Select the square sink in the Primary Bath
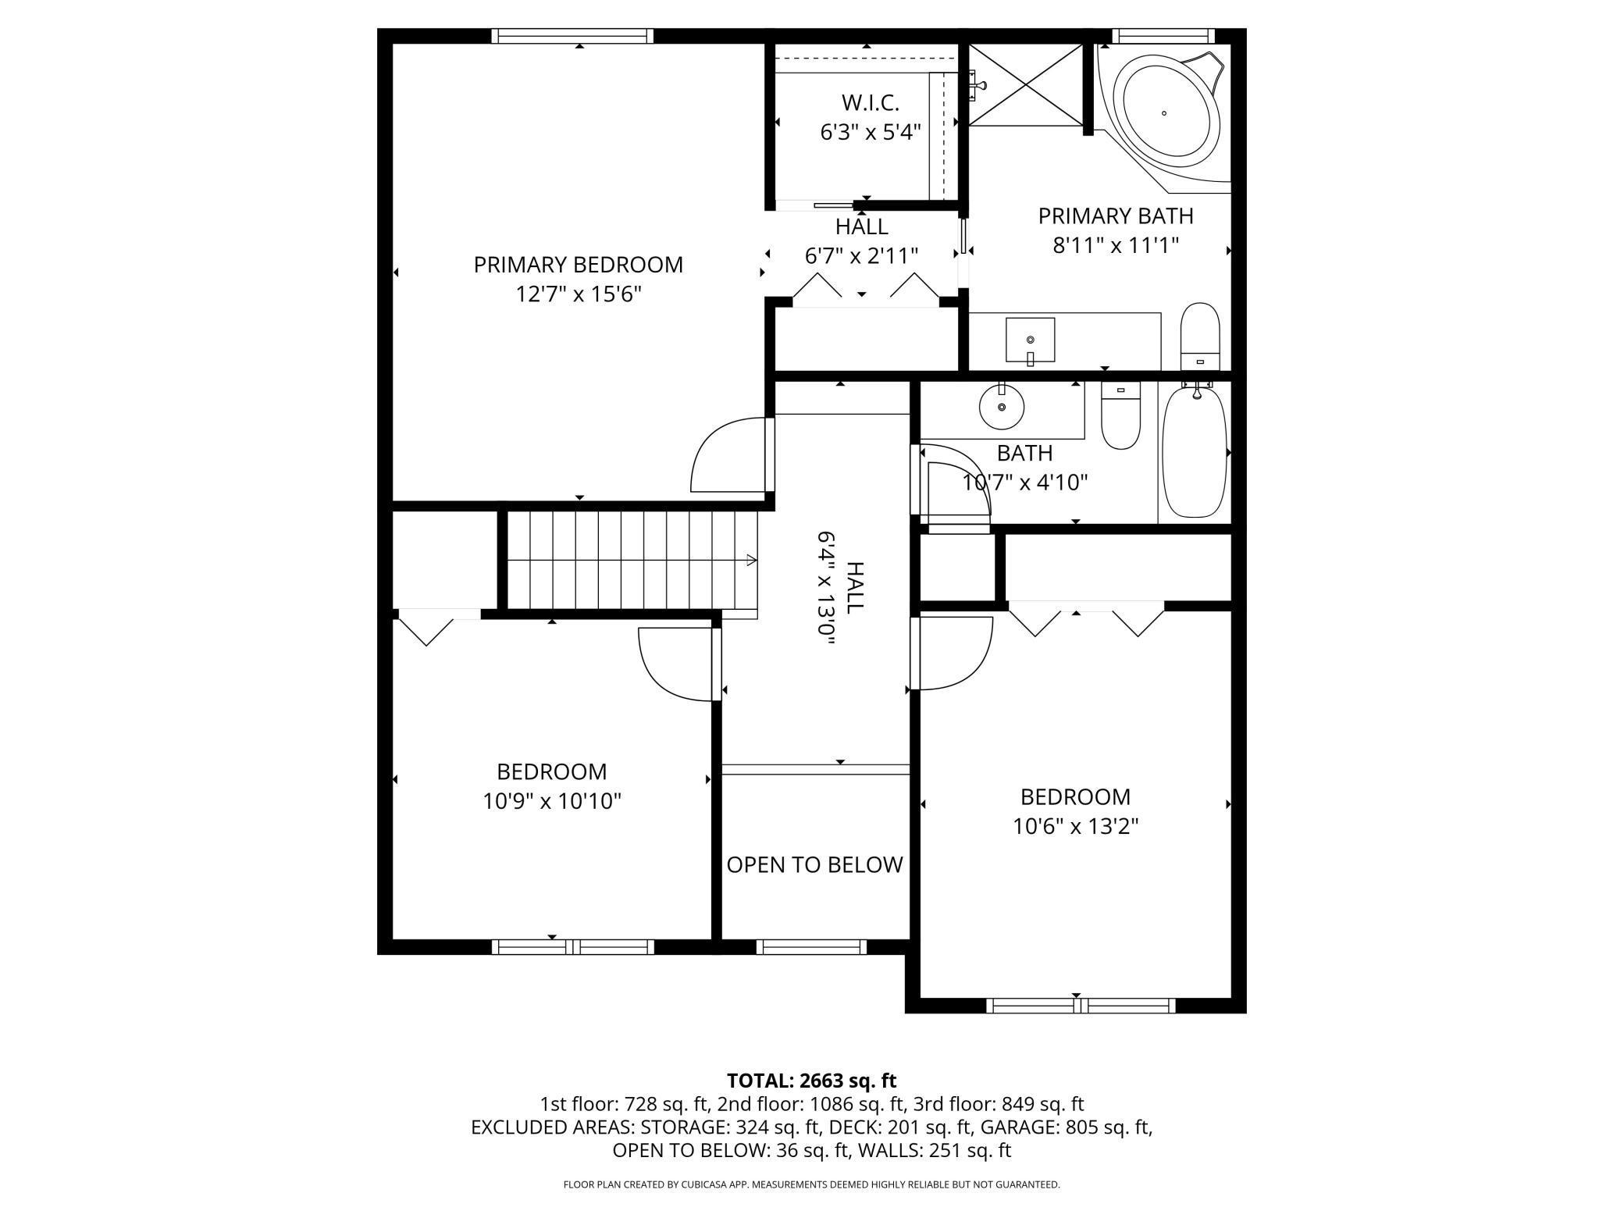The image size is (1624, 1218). click(1030, 340)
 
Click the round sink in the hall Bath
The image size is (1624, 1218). click(1002, 407)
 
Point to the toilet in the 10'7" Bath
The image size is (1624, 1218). click(1120, 415)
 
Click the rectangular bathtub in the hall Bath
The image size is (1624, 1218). click(1194, 453)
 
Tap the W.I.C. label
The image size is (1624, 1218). click(870, 102)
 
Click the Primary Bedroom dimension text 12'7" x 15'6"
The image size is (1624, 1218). click(578, 294)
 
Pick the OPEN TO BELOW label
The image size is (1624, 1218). click(814, 864)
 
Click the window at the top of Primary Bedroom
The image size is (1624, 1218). click(572, 36)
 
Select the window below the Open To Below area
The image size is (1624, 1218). click(811, 947)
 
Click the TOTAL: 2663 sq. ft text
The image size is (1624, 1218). click(811, 1081)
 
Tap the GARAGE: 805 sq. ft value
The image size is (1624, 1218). click(1066, 1127)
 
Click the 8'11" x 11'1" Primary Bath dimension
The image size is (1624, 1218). click(1115, 245)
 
